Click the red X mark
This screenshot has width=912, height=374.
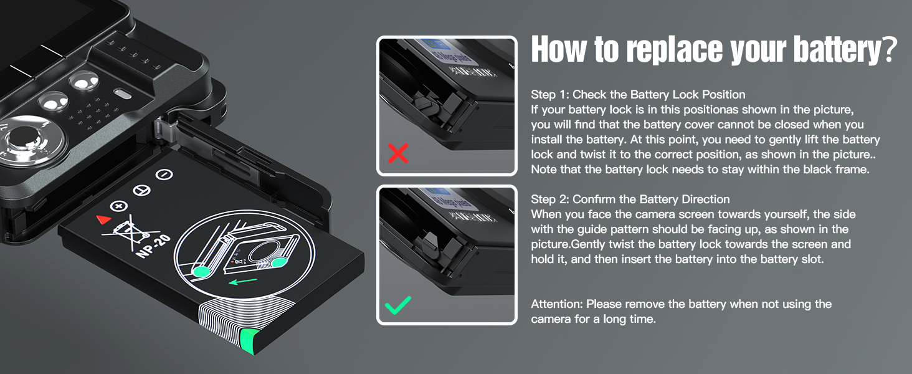(398, 153)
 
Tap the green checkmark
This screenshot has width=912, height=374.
(398, 305)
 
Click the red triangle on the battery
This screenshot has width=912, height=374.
(104, 219)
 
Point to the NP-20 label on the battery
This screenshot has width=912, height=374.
(153, 246)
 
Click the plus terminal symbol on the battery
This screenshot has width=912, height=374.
(119, 206)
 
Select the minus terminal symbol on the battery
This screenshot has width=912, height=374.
(164, 175)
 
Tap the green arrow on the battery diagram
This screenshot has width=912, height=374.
(243, 281)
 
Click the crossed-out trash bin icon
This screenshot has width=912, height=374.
(128, 232)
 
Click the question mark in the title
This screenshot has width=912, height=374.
(889, 50)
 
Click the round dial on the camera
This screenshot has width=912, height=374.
(24, 141)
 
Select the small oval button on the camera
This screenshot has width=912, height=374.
(123, 94)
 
